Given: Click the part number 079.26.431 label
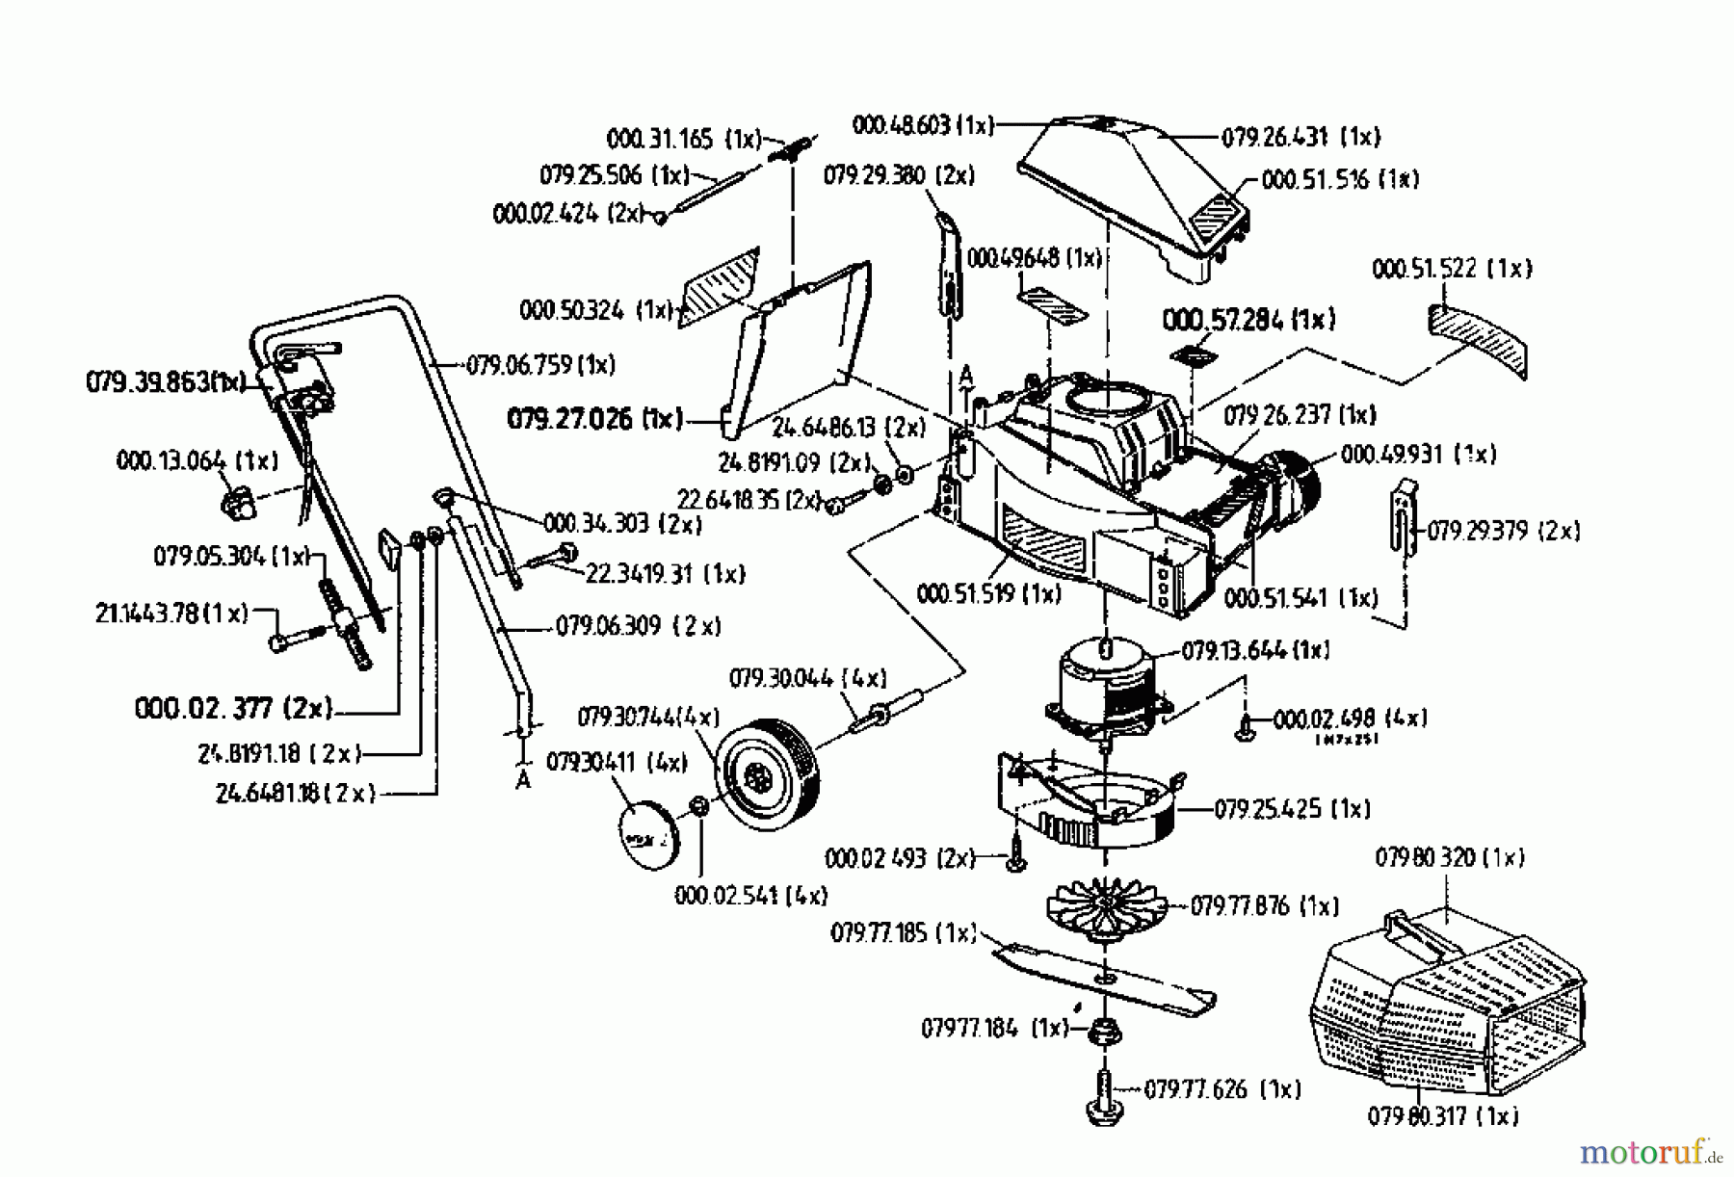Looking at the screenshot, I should (x=1300, y=138).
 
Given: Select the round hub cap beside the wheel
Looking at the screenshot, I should (x=646, y=834).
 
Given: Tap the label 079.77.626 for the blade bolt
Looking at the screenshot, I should (x=1222, y=1089).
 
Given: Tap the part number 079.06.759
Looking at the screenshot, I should (x=540, y=365).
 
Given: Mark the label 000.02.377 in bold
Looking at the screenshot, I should (x=234, y=709).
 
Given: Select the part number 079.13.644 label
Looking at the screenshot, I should (x=1255, y=651).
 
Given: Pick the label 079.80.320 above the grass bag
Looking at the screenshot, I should (x=1449, y=857).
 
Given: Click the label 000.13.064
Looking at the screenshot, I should (x=197, y=460).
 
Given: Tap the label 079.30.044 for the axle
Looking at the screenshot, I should (x=807, y=678).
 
